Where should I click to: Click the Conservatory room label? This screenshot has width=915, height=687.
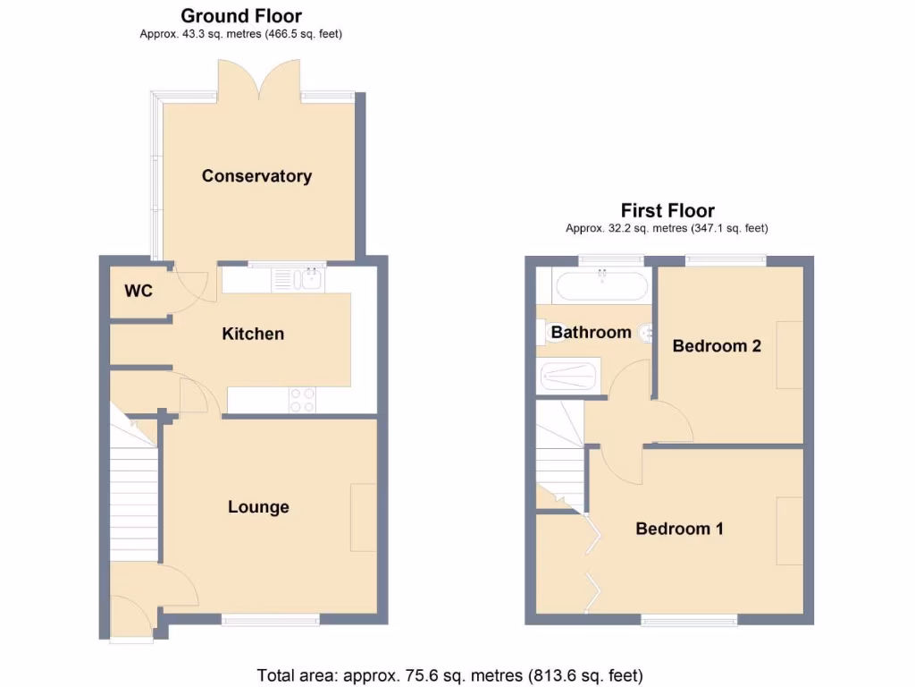[x=256, y=175]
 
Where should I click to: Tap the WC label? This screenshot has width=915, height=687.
[x=139, y=291]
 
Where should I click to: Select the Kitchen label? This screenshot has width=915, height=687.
[x=253, y=334]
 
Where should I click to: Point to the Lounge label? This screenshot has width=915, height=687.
[x=258, y=507]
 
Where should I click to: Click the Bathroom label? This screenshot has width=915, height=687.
[x=591, y=332]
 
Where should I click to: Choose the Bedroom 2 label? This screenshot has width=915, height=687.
[x=717, y=345]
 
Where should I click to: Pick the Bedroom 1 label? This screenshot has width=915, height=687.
[x=679, y=529]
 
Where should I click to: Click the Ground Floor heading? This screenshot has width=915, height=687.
[x=241, y=15]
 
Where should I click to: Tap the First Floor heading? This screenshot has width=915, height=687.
[x=667, y=210]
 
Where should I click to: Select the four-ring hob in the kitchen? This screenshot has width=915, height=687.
[x=302, y=399]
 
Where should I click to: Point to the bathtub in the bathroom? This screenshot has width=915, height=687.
[x=600, y=287]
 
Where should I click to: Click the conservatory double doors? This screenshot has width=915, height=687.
[x=258, y=79]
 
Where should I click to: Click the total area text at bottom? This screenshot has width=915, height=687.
[x=449, y=674]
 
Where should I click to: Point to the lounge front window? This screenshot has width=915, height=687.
[x=270, y=619]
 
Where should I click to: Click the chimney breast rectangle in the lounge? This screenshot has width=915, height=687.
[x=363, y=517]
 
